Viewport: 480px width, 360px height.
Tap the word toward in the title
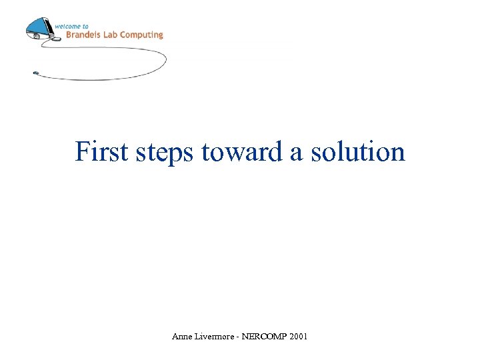(x=243, y=151)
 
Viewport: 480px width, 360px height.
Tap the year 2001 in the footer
(x=299, y=337)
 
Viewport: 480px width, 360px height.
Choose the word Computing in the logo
(x=143, y=35)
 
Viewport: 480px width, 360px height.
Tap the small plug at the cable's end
(x=35, y=72)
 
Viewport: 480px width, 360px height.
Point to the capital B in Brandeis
(x=69, y=35)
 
